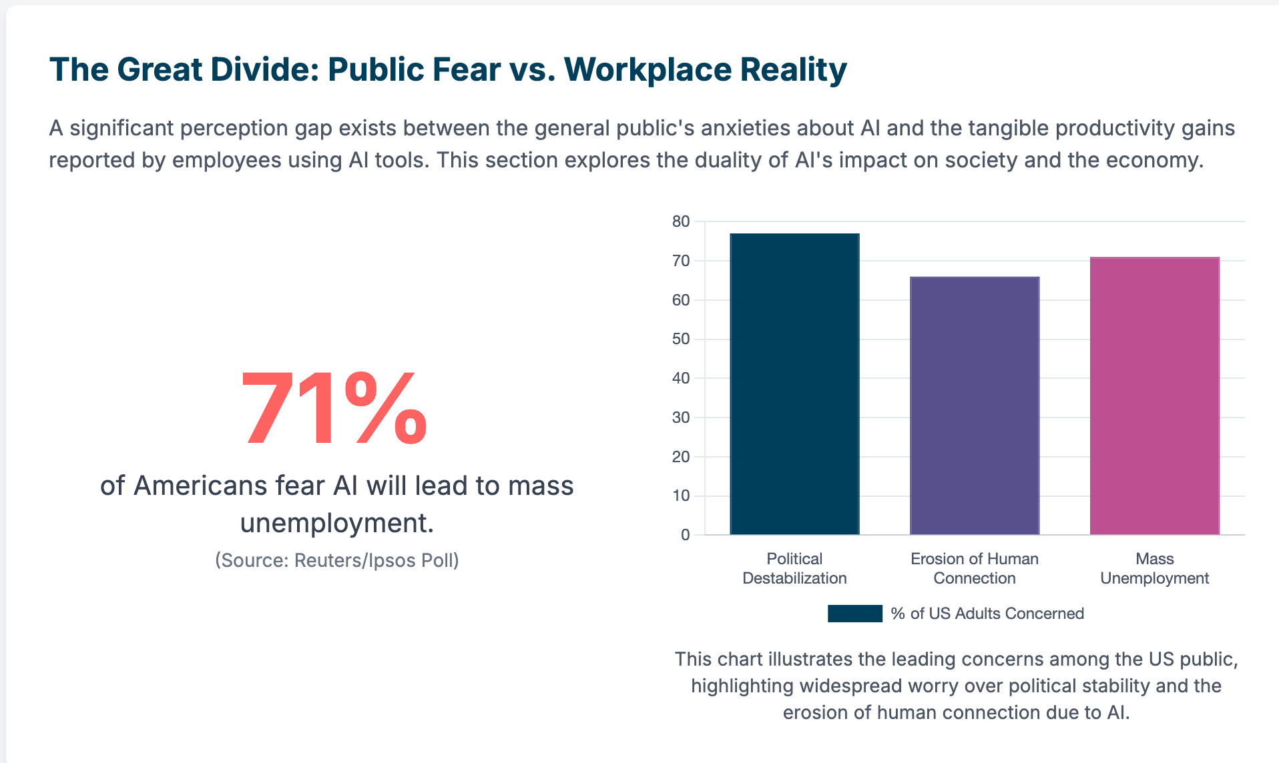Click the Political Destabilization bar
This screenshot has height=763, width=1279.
[794, 384]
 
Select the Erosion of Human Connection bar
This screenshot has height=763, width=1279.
[975, 406]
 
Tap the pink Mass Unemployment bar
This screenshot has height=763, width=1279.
[1154, 396]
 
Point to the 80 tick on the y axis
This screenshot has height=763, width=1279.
[681, 221]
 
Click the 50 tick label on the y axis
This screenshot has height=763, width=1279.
[681, 339]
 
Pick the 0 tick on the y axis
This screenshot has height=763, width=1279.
[685, 535]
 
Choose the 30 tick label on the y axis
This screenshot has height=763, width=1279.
[681, 418]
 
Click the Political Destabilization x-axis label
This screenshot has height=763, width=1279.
[794, 568]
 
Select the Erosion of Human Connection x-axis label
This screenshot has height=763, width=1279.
[975, 568]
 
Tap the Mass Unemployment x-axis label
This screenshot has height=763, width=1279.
[1154, 568]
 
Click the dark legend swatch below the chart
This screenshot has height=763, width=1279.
[854, 614]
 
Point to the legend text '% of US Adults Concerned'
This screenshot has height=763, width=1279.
[987, 614]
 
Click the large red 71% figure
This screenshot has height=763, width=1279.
[334, 408]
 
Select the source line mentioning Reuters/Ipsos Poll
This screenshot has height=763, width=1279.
[336, 560]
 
